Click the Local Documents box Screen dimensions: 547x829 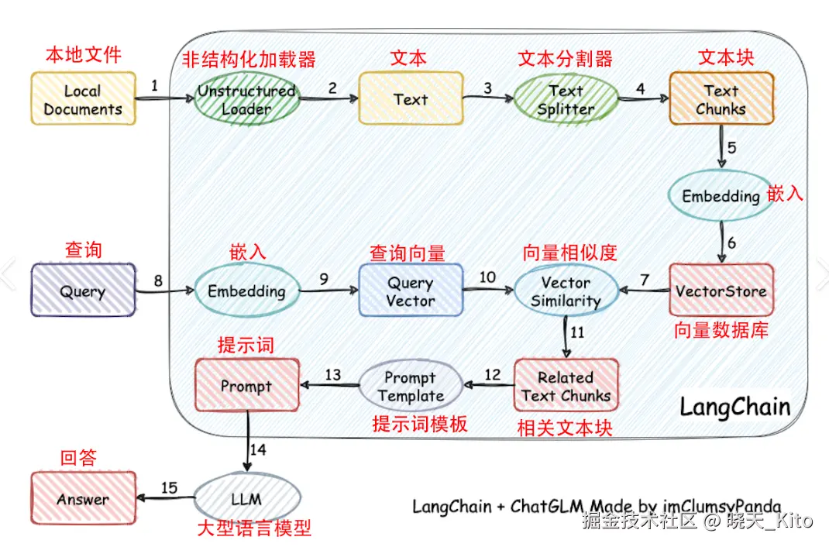tap(83, 99)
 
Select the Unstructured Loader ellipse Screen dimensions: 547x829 tap(246, 99)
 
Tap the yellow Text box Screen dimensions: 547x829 tap(411, 99)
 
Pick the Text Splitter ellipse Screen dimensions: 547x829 tap(566, 99)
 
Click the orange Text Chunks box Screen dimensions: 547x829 tap(721, 99)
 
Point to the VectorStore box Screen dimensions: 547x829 tap(721, 291)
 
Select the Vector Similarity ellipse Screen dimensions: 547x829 tap(566, 291)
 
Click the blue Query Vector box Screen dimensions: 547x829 tap(411, 291)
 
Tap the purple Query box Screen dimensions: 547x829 tap(83, 291)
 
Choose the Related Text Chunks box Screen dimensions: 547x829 tap(566, 386)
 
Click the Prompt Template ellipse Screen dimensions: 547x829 tap(411, 386)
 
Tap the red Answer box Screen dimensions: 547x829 tap(83, 499)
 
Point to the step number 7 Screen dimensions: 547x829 tap(644, 277)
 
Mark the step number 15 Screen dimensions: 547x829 tap(169, 488)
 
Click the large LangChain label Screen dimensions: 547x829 tap(734, 407)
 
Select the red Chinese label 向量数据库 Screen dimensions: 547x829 tap(721, 331)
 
